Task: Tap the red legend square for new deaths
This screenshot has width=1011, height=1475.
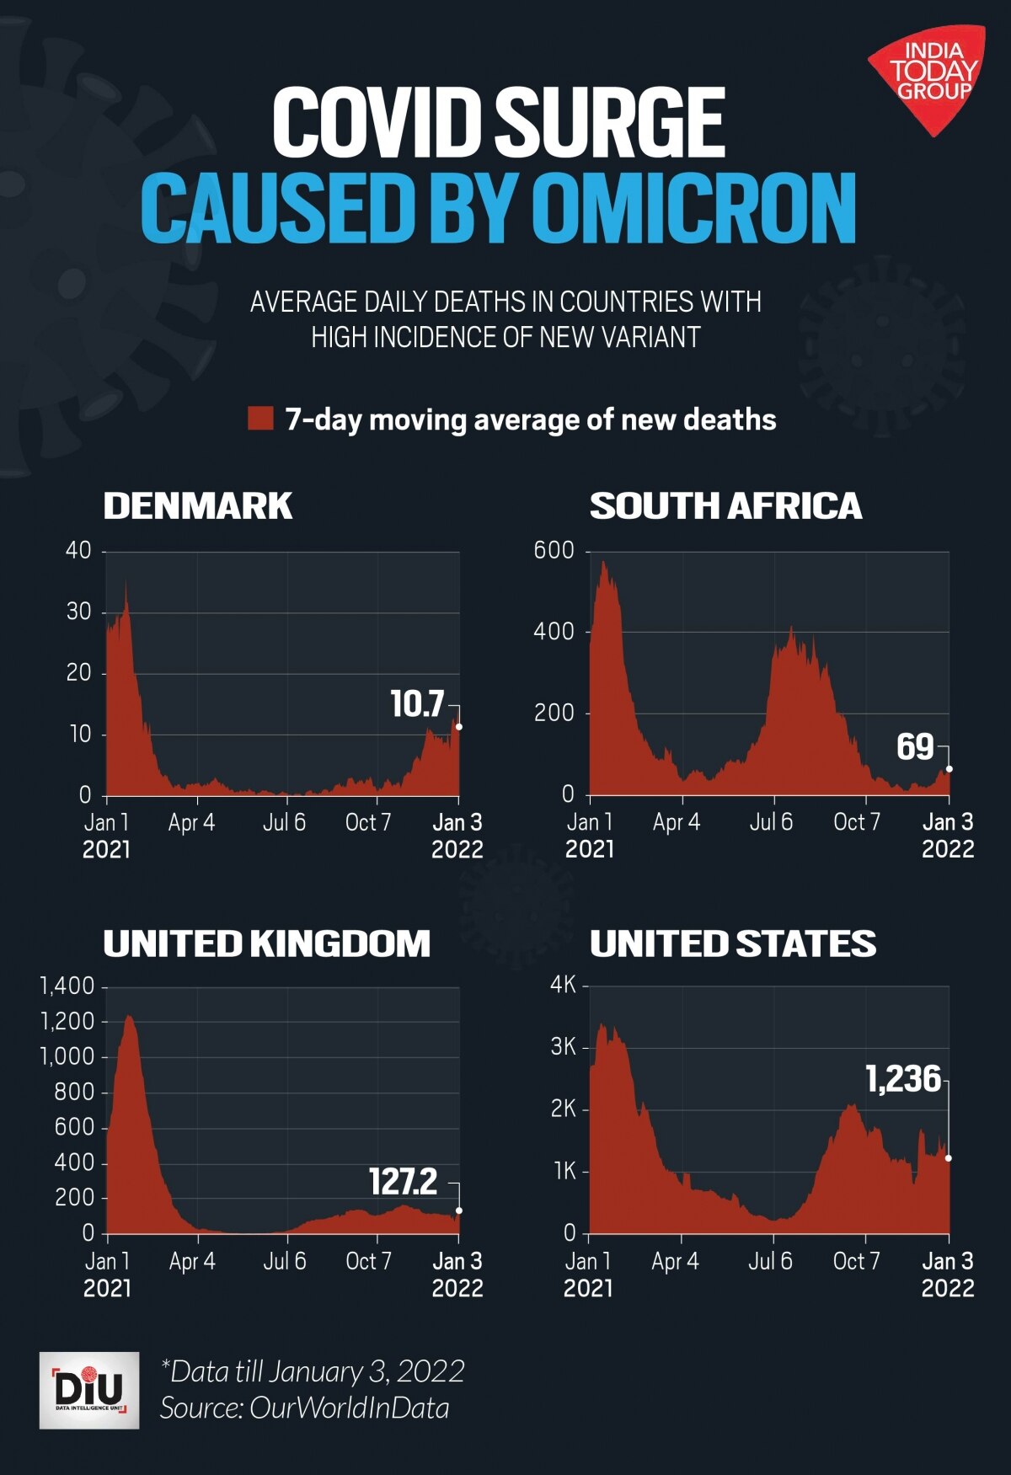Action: pyautogui.click(x=260, y=419)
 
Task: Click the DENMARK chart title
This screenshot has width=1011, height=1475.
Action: pyautogui.click(x=197, y=506)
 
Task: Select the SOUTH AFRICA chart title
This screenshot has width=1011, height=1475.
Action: pyautogui.click(x=725, y=506)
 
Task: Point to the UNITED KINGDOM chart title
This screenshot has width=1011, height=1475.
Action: pyautogui.click(x=266, y=943)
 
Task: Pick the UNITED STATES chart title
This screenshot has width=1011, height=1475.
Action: pyautogui.click(x=732, y=943)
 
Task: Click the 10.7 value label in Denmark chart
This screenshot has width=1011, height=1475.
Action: pyautogui.click(x=417, y=704)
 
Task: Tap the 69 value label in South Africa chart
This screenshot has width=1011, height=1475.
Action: pyautogui.click(x=915, y=747)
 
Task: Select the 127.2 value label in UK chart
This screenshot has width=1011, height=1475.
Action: pyautogui.click(x=404, y=1182)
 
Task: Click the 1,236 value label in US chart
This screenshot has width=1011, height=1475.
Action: pyautogui.click(x=903, y=1079)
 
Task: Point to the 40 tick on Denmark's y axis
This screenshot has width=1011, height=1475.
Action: pyautogui.click(x=78, y=551)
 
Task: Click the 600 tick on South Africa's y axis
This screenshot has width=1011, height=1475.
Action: pyautogui.click(x=554, y=551)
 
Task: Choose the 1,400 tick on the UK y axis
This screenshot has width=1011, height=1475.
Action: pyautogui.click(x=67, y=986)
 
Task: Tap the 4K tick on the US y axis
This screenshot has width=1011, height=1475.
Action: pyautogui.click(x=563, y=985)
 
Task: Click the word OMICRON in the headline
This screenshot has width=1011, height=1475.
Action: pyautogui.click(x=693, y=208)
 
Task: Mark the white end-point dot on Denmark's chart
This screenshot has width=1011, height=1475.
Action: pyautogui.click(x=459, y=727)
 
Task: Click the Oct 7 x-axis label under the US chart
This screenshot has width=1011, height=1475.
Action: pyautogui.click(x=856, y=1261)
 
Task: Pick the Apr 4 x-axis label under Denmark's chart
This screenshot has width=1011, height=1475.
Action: pyautogui.click(x=191, y=822)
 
